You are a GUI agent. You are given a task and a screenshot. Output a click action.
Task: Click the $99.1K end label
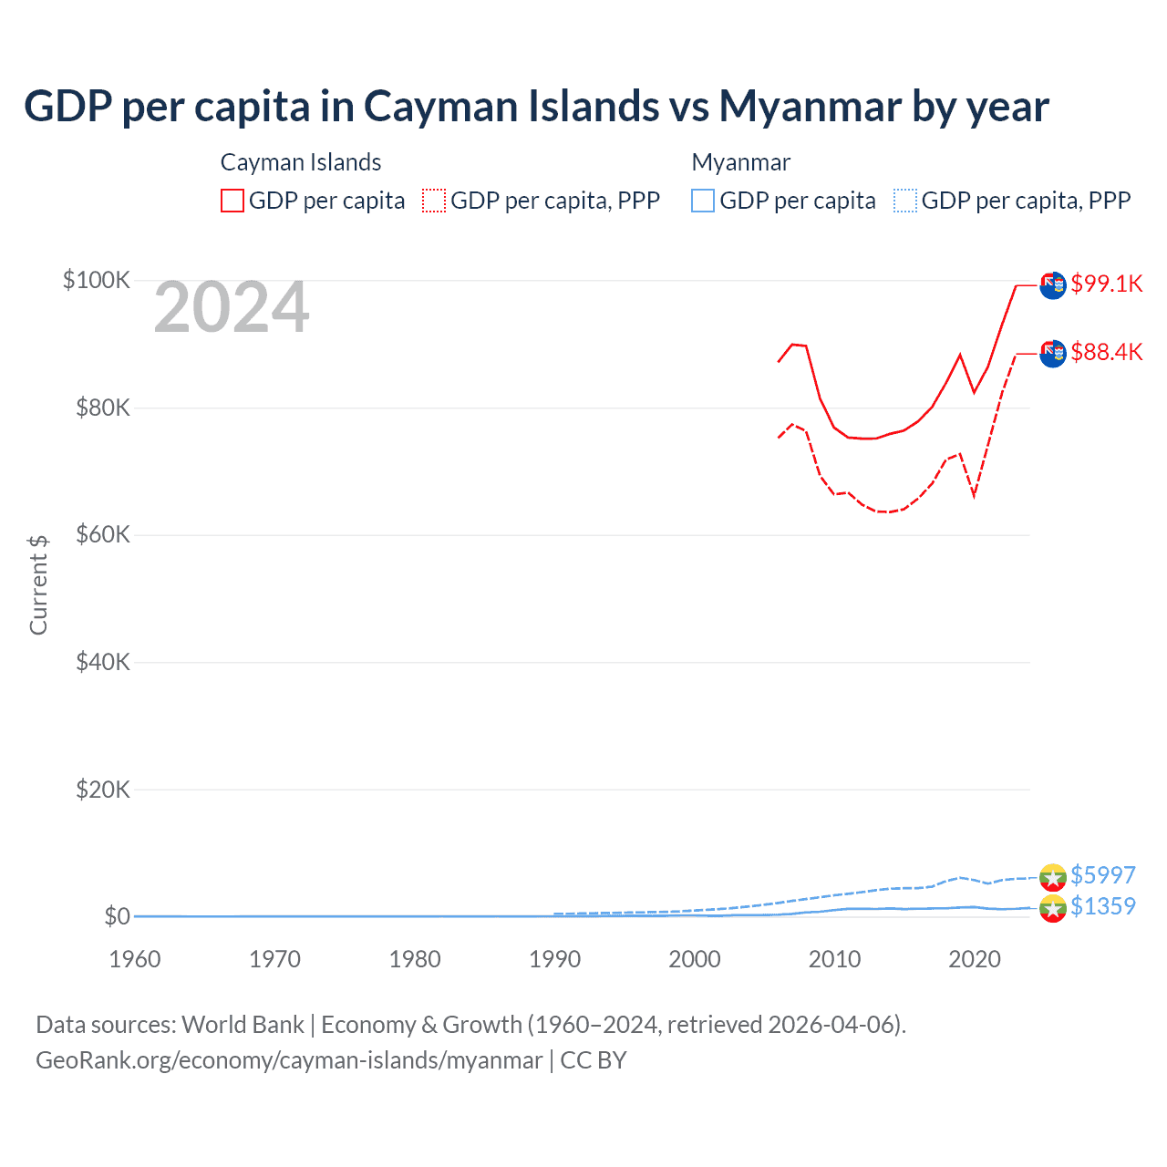click(1106, 284)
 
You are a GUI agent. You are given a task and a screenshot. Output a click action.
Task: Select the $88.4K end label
click(1106, 352)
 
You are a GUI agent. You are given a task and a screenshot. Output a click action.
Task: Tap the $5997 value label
click(1102, 875)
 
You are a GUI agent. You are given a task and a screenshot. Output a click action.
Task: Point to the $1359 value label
click(1102, 906)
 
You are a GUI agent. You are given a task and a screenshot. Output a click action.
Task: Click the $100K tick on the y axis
click(97, 280)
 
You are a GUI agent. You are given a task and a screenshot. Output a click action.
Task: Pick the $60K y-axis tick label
click(102, 534)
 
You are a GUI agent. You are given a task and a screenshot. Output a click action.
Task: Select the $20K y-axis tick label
click(102, 790)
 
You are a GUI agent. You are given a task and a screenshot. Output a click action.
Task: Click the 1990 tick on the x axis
click(554, 959)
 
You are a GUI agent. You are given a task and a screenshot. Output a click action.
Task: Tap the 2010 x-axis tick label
click(834, 959)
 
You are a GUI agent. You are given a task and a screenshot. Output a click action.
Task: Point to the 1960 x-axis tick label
click(135, 959)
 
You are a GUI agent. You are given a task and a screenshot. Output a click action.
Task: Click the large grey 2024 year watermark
click(232, 308)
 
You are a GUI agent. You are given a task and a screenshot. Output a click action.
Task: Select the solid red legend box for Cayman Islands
click(232, 201)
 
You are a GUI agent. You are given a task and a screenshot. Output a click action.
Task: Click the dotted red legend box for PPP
click(434, 201)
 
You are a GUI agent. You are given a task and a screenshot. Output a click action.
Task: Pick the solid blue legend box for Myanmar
click(703, 201)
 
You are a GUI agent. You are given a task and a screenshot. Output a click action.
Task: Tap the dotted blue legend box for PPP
click(905, 201)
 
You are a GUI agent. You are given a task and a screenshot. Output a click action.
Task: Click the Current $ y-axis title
click(38, 584)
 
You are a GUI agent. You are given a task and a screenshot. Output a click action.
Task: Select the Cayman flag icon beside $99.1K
click(1053, 284)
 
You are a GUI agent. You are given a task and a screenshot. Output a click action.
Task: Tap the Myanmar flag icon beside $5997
click(1053, 876)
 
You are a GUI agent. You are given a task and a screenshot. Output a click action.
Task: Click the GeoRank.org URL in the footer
click(289, 1060)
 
